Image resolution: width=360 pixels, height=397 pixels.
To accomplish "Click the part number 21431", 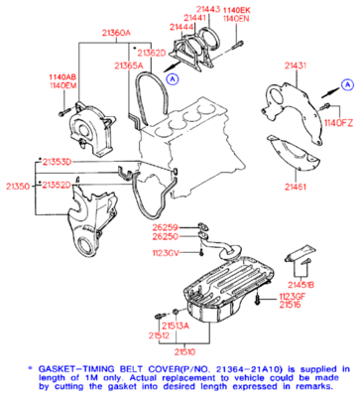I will coord(297,65).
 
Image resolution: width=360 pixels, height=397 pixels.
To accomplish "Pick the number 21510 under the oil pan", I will coord(185,350).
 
